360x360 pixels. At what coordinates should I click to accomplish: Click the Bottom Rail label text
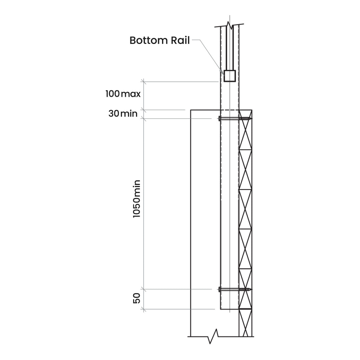pyautogui.click(x=159, y=40)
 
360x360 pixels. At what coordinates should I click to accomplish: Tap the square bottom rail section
pyautogui.click(x=230, y=76)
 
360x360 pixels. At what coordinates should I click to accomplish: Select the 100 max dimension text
pyautogui.click(x=123, y=94)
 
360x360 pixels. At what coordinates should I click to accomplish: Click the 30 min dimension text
pyautogui.click(x=123, y=114)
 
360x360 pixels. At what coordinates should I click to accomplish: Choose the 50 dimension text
pyautogui.click(x=136, y=298)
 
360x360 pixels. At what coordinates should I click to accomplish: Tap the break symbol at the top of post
pyautogui.click(x=229, y=26)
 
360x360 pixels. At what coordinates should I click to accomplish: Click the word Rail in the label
pyautogui.click(x=180, y=40)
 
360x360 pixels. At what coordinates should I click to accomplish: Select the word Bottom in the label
pyautogui.click(x=148, y=40)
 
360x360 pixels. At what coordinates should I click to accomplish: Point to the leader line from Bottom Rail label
pyautogui.click(x=209, y=54)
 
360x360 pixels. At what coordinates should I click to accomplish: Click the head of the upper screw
pyautogui.click(x=220, y=118)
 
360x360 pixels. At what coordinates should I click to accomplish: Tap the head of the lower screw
pyautogui.click(x=220, y=289)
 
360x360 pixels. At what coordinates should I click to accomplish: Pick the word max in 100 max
pyautogui.click(x=130, y=94)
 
